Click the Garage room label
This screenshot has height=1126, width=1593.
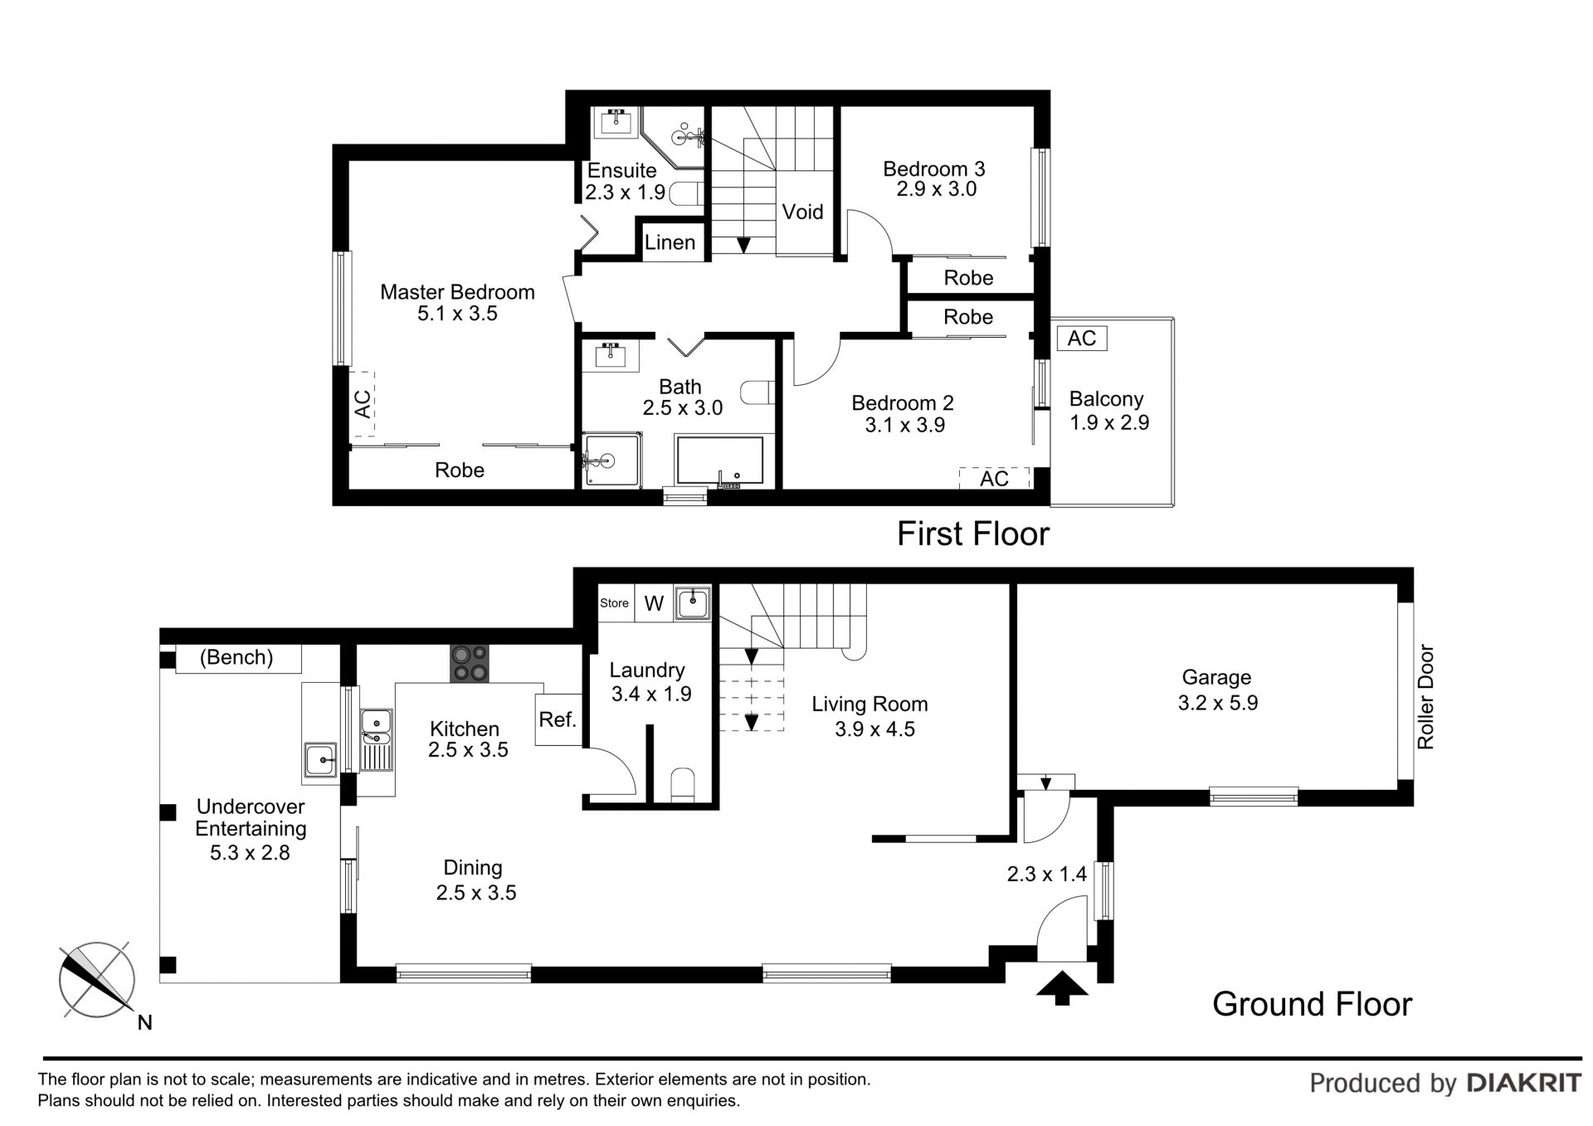point(1216,677)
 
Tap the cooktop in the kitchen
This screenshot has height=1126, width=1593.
point(470,664)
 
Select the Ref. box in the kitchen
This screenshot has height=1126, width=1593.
point(558,719)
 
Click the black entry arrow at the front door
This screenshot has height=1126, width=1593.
point(1062,987)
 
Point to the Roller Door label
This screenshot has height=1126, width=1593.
point(1425,697)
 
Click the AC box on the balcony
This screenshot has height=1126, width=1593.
point(1082,338)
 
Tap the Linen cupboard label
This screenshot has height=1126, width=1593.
point(670,242)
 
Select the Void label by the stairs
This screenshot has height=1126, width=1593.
point(802,212)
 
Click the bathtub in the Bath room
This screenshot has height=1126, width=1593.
point(719,461)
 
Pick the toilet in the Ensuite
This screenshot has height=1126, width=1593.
point(685,194)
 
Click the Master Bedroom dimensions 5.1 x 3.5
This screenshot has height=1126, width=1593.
point(457,314)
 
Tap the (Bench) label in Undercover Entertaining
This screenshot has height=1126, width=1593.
point(236,657)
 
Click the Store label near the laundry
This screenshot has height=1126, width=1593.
point(614,603)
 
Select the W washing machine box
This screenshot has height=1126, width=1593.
point(654,603)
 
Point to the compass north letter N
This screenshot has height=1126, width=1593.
point(144,1022)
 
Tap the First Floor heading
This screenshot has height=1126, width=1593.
point(973,534)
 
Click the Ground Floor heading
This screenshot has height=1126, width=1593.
point(1312,1004)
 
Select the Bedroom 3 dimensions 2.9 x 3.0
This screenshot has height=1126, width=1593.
point(936,189)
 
